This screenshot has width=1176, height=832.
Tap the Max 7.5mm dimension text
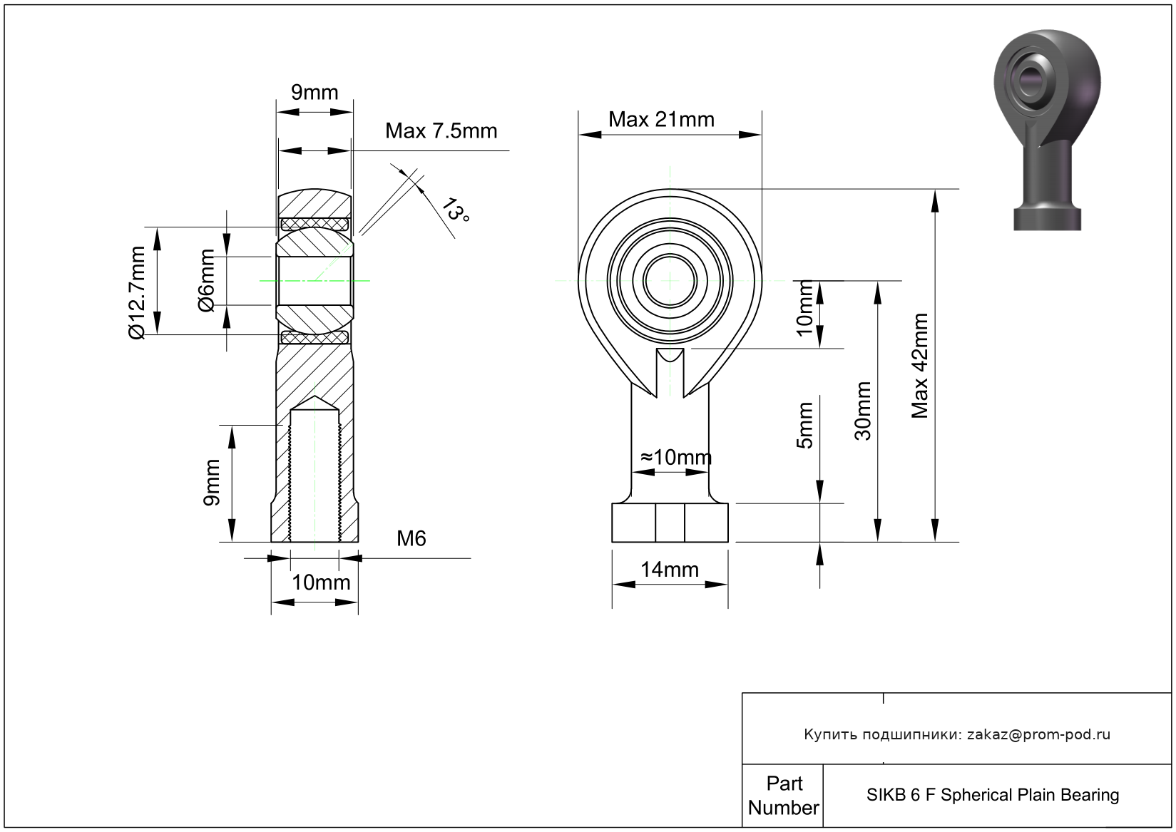tap(441, 131)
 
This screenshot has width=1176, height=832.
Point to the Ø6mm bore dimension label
tap(206, 281)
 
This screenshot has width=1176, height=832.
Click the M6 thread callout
tap(411, 539)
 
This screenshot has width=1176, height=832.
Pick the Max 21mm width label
tap(661, 120)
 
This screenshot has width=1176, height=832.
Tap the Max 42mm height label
tap(920, 365)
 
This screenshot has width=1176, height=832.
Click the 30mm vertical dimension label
tap(863, 411)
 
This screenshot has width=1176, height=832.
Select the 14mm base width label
tap(669, 570)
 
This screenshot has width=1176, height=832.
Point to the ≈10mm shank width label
tap(675, 457)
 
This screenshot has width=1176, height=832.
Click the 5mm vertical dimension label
tap(804, 426)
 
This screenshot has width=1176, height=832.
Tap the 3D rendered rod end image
tap(1046, 128)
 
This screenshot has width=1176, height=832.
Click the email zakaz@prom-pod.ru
tap(1038, 734)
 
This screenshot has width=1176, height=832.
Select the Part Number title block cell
tap(783, 796)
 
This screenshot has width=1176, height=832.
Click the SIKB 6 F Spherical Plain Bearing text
tap(993, 795)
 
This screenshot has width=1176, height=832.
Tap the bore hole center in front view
tap(670, 281)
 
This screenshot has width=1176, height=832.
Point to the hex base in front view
tap(670, 523)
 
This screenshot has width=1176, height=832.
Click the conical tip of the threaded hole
tap(315, 403)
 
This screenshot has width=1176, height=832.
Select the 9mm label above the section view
tap(315, 93)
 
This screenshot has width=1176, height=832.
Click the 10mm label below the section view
tap(321, 582)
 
